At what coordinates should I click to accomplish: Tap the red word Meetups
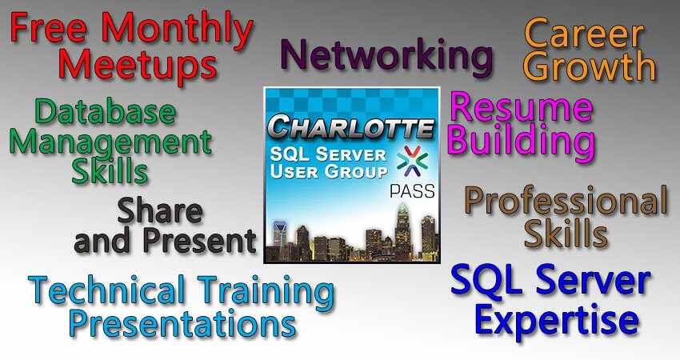pyautogui.click(x=137, y=66)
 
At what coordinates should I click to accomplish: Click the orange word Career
pyautogui.click(x=584, y=34)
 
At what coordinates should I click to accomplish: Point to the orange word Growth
pyautogui.click(x=590, y=66)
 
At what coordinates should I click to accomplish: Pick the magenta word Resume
pyautogui.click(x=522, y=106)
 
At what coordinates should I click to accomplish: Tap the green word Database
pyautogui.click(x=106, y=111)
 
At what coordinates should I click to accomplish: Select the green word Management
pyautogui.click(x=110, y=142)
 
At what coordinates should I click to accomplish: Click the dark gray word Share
pyautogui.click(x=159, y=210)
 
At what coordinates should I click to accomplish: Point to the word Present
pyautogui.click(x=199, y=240)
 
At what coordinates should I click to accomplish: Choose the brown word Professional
pyautogui.click(x=566, y=201)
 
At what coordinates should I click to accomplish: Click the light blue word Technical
pyautogui.click(x=106, y=290)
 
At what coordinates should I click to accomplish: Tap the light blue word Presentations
pyautogui.click(x=183, y=322)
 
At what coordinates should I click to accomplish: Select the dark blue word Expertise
pyautogui.click(x=557, y=319)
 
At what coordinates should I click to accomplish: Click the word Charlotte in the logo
pyautogui.click(x=351, y=126)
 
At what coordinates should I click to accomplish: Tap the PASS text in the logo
pyautogui.click(x=412, y=191)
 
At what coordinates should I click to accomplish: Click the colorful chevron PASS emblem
pyautogui.click(x=413, y=162)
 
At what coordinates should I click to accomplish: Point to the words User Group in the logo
pyautogui.click(x=328, y=171)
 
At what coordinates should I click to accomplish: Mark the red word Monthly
pyautogui.click(x=178, y=30)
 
